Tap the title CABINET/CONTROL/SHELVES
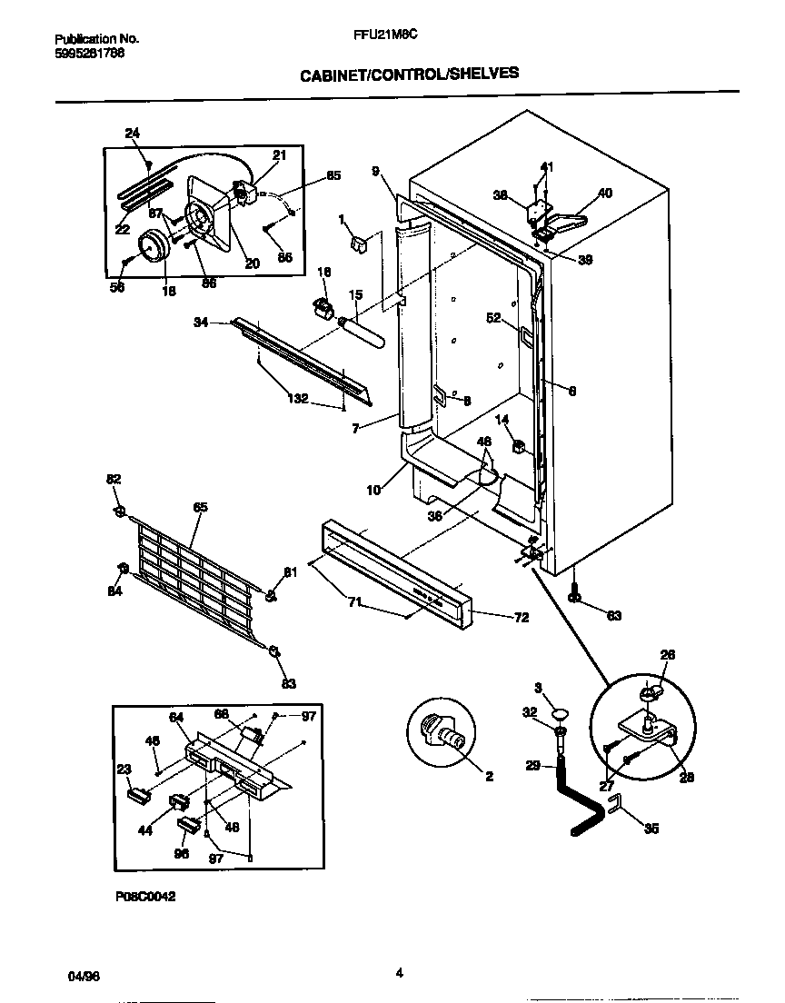click(410, 74)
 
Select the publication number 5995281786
click(90, 53)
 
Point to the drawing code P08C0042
click(144, 895)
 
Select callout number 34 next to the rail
click(202, 322)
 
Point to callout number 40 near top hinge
click(605, 193)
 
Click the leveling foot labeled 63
click(574, 595)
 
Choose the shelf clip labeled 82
click(119, 513)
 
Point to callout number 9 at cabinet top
click(374, 171)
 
